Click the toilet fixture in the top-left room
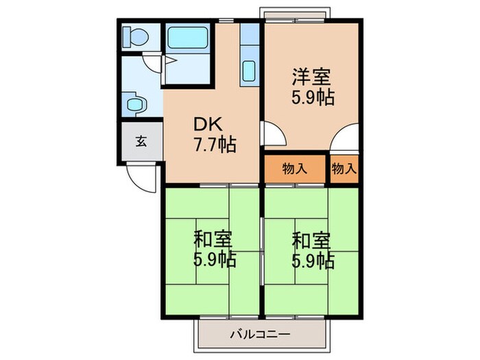[x=135, y=37]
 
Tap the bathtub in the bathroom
[x=188, y=38]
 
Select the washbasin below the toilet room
[x=135, y=104]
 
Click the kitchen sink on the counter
[x=249, y=71]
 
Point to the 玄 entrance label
[x=141, y=142]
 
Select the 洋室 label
[x=311, y=77]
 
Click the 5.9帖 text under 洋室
[x=313, y=97]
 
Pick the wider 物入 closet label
[x=295, y=169]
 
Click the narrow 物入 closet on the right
[x=344, y=169]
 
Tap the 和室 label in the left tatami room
[x=213, y=240]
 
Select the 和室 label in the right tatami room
[x=311, y=241]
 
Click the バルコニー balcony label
[x=260, y=335]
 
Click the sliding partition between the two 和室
[x=262, y=252]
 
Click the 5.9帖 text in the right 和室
[x=313, y=261]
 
